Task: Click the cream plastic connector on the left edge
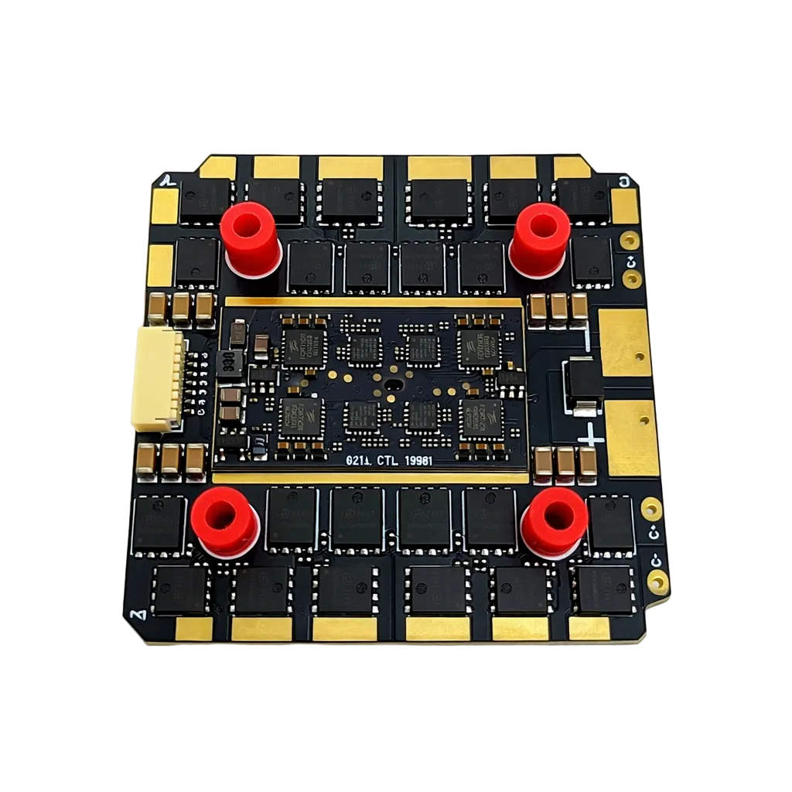[158, 378]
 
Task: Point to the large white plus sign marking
[592, 435]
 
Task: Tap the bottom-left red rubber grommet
[224, 520]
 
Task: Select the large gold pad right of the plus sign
[632, 437]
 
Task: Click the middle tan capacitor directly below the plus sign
[565, 463]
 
